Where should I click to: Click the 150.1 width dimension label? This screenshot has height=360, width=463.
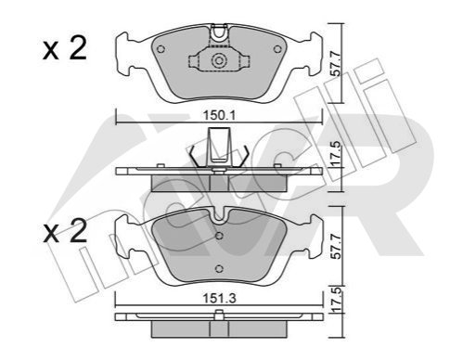(219, 116)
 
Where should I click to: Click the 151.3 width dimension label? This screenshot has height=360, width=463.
(219, 299)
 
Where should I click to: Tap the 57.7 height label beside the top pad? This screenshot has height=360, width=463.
(335, 64)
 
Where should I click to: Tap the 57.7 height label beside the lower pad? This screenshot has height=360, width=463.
(335, 247)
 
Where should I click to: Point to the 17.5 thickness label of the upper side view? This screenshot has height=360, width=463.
(335, 153)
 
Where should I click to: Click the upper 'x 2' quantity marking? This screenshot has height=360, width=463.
(65, 48)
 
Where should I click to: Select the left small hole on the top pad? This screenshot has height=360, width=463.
(161, 49)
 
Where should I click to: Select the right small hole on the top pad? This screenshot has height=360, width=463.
(277, 49)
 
